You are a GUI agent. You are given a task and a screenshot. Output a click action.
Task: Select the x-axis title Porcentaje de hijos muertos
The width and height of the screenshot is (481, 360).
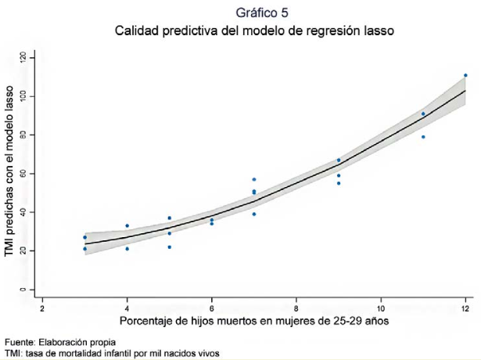point(253,322)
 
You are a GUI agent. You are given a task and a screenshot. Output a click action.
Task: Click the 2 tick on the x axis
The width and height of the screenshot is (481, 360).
point(42,306)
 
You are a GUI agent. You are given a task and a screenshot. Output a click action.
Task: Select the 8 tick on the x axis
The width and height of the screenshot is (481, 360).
point(296,306)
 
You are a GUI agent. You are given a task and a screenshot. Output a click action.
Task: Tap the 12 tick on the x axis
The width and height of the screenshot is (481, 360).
point(465,306)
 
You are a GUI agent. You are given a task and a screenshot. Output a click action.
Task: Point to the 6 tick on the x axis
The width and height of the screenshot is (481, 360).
point(211,306)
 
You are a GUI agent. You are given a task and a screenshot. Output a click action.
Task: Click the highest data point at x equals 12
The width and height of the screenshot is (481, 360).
point(465,76)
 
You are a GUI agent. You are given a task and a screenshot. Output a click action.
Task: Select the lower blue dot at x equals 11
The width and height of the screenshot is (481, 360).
point(423,137)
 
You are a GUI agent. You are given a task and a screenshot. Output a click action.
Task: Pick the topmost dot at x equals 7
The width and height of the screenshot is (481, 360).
point(254,179)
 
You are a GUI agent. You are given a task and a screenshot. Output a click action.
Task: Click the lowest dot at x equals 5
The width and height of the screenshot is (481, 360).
point(169,247)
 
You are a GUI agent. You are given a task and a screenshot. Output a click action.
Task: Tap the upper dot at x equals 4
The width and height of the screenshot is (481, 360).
point(127,226)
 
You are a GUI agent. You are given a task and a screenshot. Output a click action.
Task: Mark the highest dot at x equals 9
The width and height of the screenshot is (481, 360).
point(339,160)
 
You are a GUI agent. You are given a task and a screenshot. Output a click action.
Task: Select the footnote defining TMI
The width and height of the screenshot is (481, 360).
point(111,353)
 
